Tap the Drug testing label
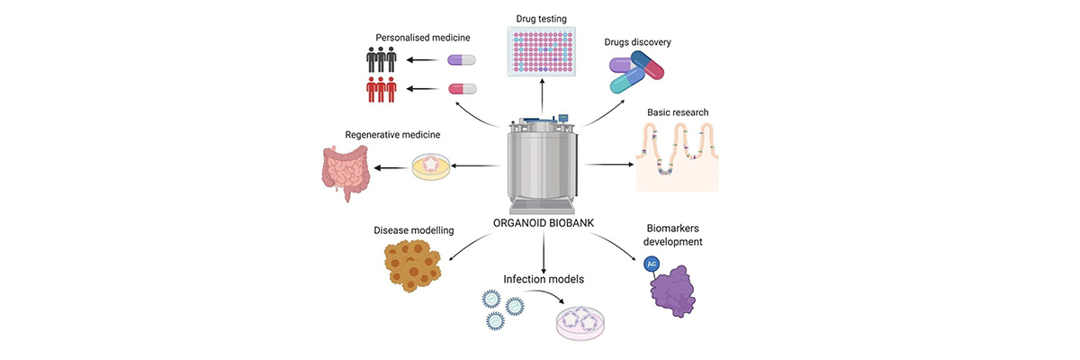point(542,18)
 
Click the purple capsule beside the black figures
point(462,60)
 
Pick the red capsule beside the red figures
point(462,88)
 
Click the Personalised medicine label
point(422,39)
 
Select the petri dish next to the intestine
point(430,166)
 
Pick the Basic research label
point(678,112)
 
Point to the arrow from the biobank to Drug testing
point(542,97)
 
